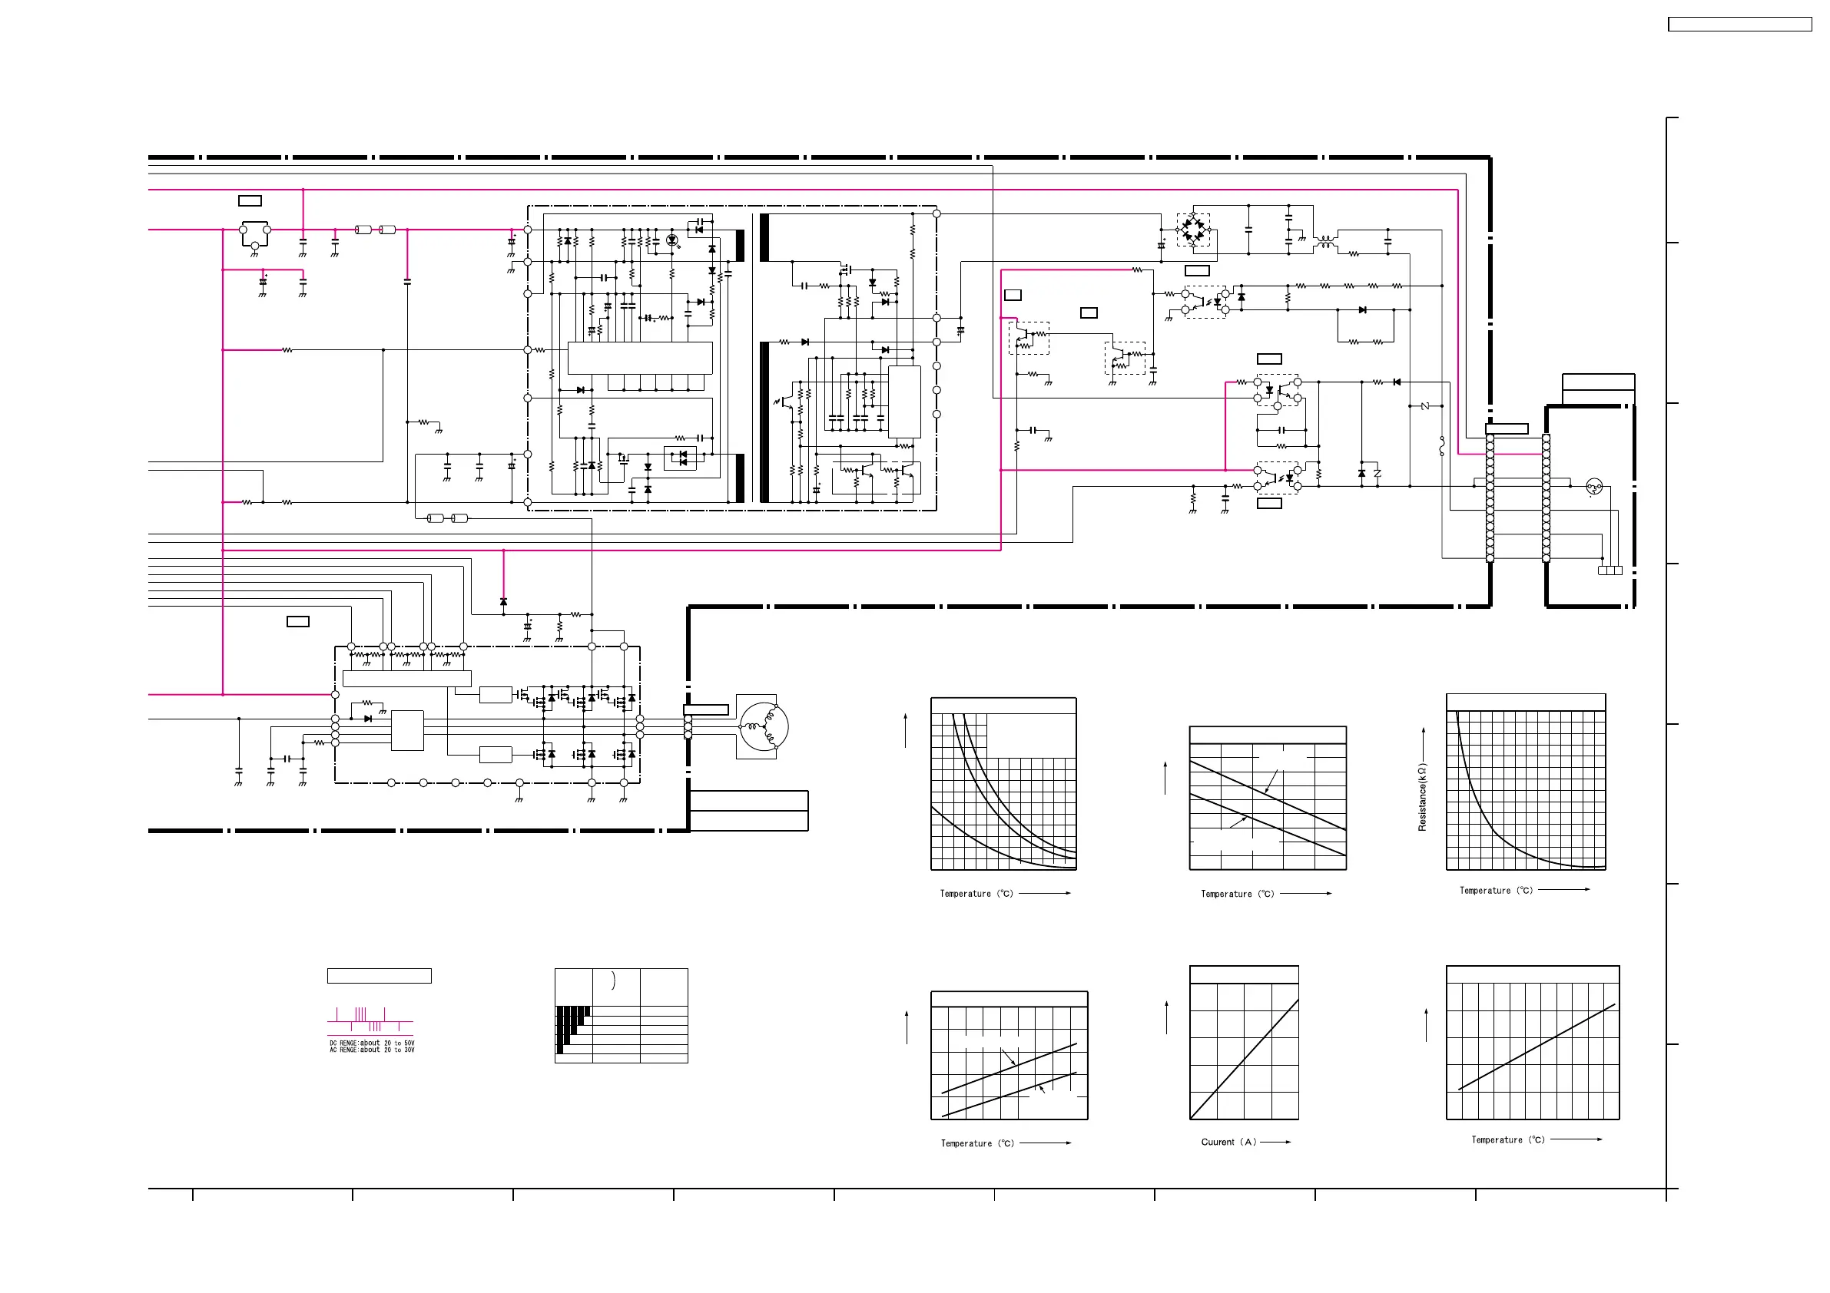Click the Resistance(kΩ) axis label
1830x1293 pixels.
1422,798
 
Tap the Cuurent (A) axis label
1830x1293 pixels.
1228,1142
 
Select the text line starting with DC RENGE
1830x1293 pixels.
371,1043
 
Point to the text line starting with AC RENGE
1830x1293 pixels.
371,1050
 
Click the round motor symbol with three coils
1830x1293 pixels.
764,726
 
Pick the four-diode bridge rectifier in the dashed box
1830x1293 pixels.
1193,230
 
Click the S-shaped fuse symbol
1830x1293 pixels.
1442,447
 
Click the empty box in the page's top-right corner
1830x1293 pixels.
1740,25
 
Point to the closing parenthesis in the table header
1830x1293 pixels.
613,980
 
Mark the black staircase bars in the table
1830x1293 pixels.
571,1025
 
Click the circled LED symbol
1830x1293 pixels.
672,240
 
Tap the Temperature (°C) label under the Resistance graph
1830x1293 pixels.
1496,891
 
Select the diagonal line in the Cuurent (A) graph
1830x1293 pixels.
1244,1060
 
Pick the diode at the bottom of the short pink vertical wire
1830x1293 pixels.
503,601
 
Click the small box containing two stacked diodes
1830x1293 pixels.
680,458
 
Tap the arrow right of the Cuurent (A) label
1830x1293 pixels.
1276,1142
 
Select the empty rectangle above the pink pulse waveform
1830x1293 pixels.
380,976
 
